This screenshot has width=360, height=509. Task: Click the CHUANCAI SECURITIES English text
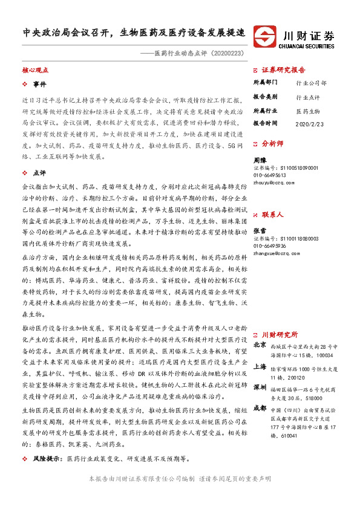pos(308,44)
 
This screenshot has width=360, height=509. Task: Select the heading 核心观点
pos(36,71)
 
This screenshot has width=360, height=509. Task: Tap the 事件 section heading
pos(39,84)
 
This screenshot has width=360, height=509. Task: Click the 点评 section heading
pos(39,172)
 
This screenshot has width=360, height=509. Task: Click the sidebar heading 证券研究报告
pos(284,70)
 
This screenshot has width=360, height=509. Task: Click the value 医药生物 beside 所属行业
pos(307,111)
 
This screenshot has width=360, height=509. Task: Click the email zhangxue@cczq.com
pos(276,253)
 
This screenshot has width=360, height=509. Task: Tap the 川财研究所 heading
pos(280,334)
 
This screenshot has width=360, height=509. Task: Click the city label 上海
pos(260,366)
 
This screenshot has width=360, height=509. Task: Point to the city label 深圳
pos(260,386)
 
